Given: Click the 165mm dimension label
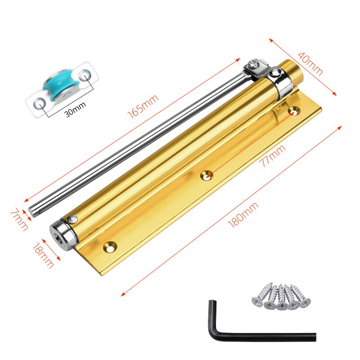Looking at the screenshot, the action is click(143, 106).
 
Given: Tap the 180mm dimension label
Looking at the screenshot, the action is click(243, 215).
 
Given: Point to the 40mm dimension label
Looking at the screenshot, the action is click(310, 63).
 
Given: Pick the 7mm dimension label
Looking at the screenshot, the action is click(19, 219).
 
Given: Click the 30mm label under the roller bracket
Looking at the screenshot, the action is click(76, 109).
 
